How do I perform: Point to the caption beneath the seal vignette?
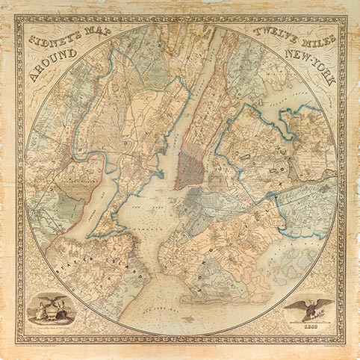49,329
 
